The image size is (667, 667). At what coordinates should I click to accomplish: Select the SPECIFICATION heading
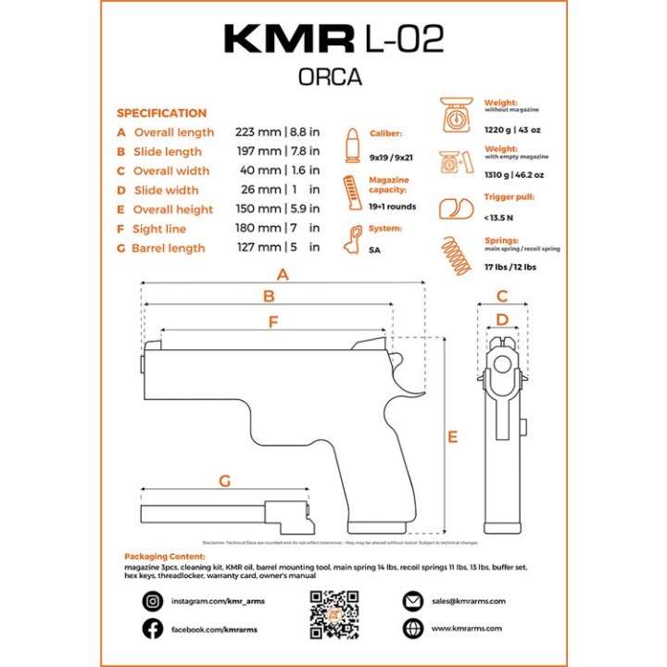(161, 113)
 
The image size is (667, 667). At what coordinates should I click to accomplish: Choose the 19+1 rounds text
(393, 207)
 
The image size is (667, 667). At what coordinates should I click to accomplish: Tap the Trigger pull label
(510, 197)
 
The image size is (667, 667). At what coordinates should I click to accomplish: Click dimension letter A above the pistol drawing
(283, 275)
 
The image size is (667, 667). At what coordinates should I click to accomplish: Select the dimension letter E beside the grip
(452, 437)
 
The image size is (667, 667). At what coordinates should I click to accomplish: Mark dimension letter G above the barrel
(223, 481)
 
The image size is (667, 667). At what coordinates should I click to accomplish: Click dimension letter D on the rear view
(502, 321)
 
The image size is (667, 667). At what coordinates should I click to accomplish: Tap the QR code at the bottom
(333, 614)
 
